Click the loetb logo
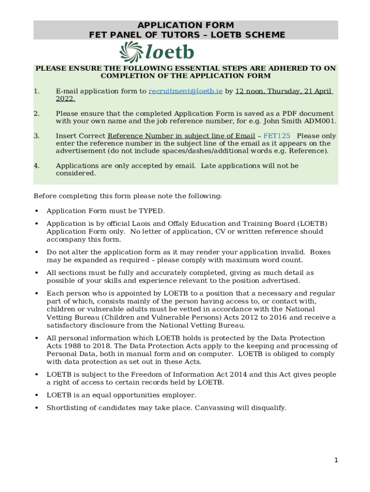coord(157,52)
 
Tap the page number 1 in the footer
coord(336,460)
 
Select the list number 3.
coord(37,136)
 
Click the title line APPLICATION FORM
coord(185,25)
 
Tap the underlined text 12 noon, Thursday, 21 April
coord(284,91)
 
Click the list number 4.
coord(37,166)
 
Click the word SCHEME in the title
coord(265,35)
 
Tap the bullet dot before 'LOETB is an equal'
coord(37,395)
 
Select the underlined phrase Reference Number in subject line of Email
coord(181,136)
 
